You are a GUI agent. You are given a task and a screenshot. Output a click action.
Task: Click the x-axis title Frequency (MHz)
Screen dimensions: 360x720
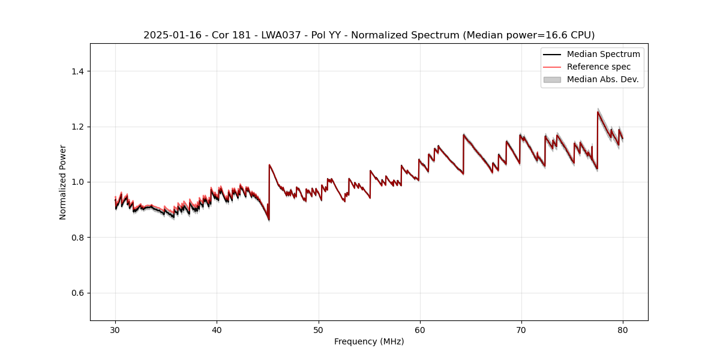point(369,341)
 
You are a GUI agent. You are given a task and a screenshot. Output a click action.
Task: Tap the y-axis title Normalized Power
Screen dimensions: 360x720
point(63,182)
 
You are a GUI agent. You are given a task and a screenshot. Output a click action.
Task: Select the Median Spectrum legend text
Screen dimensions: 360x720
point(603,54)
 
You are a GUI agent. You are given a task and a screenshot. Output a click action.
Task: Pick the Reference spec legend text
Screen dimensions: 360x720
point(598,67)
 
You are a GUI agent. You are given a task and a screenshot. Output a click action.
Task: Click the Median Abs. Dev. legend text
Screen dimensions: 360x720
point(602,79)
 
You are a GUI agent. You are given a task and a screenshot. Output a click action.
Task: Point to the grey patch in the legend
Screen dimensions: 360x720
point(552,79)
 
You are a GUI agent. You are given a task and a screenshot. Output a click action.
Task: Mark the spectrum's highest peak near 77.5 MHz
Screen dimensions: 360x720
point(598,112)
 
